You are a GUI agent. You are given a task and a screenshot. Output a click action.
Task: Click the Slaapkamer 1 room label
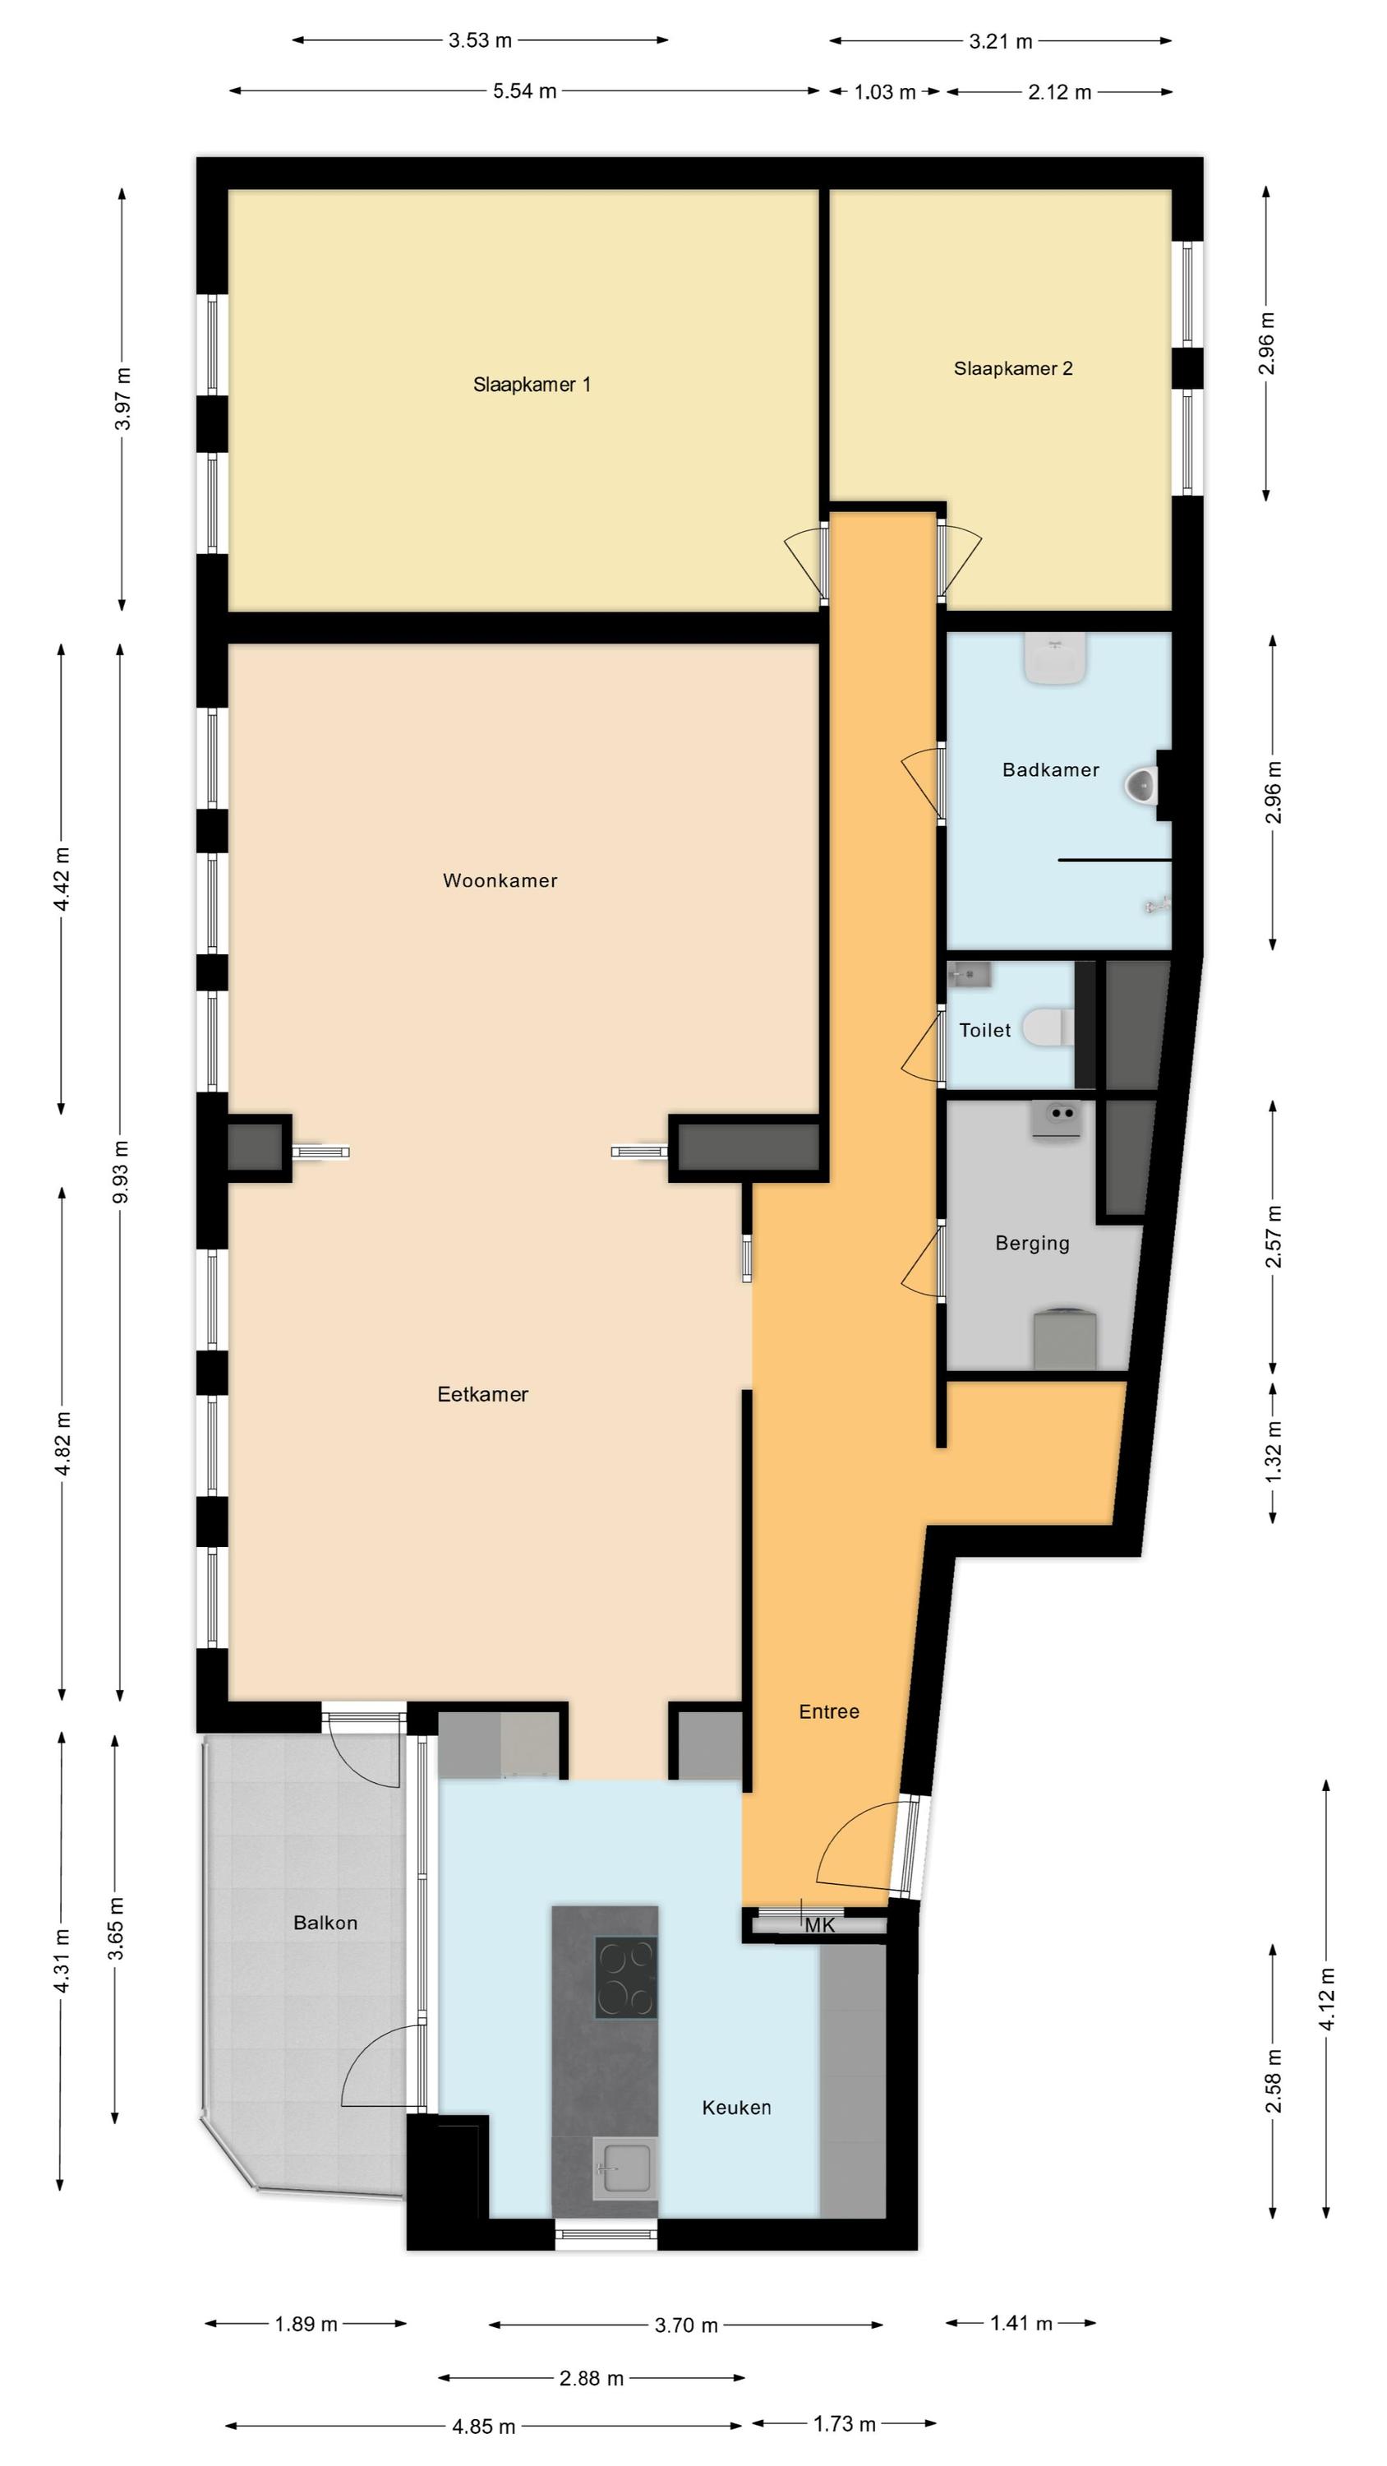(x=532, y=385)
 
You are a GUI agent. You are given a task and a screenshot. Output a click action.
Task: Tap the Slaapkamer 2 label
(x=1013, y=368)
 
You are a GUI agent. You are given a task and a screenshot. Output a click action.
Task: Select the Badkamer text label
(x=1050, y=769)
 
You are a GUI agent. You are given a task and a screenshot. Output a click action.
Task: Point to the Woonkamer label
(x=500, y=880)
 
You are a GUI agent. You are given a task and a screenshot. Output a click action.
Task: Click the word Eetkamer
(x=482, y=1395)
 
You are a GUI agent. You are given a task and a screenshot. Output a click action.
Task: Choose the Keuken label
(x=736, y=2107)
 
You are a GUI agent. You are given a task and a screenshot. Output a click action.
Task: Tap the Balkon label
(x=325, y=1923)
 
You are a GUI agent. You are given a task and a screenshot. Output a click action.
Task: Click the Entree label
(x=829, y=1711)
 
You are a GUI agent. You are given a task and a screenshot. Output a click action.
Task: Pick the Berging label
(x=1032, y=1244)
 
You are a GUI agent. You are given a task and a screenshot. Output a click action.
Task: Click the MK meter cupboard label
(x=820, y=1925)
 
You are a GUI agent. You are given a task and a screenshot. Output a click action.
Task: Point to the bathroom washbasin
(x=1056, y=658)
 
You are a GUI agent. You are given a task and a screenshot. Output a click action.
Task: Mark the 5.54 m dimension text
(x=524, y=91)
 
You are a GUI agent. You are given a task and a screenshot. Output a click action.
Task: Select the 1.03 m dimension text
(x=884, y=92)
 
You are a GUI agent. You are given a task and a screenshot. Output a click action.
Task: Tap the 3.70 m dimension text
(x=686, y=2325)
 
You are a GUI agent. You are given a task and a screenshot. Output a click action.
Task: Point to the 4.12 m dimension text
(x=1327, y=1998)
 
